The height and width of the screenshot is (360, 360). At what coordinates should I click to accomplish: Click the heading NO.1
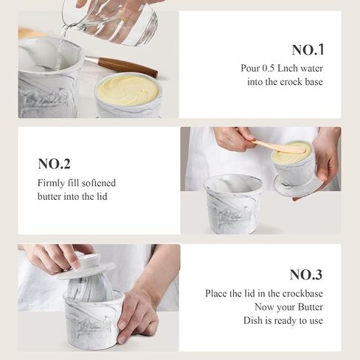(x=308, y=50)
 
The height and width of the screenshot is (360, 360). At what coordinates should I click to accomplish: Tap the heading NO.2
(x=54, y=164)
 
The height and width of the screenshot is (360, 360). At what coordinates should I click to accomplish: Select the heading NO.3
(x=306, y=274)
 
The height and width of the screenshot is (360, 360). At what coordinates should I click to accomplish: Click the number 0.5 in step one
(x=268, y=68)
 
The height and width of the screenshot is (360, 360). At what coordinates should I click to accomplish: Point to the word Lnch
(x=288, y=68)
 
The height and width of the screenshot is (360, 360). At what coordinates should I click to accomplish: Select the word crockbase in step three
(x=302, y=294)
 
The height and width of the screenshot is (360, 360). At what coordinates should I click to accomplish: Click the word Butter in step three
(x=311, y=307)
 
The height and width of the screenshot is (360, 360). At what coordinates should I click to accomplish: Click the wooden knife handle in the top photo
(x=128, y=66)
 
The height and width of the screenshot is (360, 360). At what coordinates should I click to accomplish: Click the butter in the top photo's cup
(x=128, y=90)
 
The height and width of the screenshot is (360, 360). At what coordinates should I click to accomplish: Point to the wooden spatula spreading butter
(x=279, y=147)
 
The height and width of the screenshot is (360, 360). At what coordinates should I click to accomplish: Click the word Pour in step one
(x=250, y=68)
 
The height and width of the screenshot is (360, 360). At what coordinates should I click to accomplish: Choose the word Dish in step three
(x=253, y=320)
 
